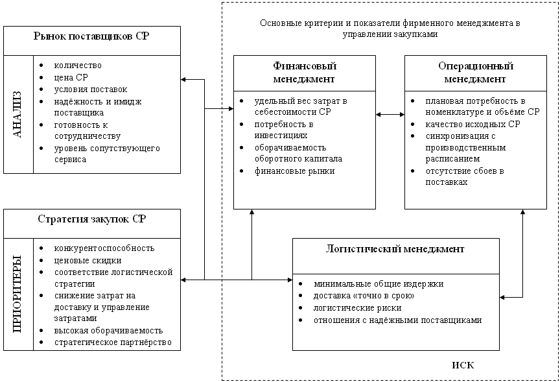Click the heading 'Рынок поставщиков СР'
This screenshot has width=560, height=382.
(91, 37)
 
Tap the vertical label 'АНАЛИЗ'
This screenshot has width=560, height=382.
(18, 114)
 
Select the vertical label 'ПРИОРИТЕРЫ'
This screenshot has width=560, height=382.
(18, 294)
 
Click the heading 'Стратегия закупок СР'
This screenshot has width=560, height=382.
(91, 219)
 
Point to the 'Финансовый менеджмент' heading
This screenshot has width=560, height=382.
(304, 73)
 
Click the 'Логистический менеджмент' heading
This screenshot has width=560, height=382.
(395, 248)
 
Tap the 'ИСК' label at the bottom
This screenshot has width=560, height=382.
(463, 365)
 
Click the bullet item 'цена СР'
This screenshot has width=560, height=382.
(71, 77)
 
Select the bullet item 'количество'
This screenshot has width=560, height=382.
(78, 66)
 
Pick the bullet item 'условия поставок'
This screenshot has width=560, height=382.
(91, 89)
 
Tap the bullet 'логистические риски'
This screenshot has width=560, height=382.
(357, 308)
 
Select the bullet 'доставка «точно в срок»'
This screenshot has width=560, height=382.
(364, 296)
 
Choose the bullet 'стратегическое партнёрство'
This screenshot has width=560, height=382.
(113, 342)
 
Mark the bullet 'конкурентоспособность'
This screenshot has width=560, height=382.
(104, 248)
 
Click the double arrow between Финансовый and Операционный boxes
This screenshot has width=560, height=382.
(390, 115)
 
